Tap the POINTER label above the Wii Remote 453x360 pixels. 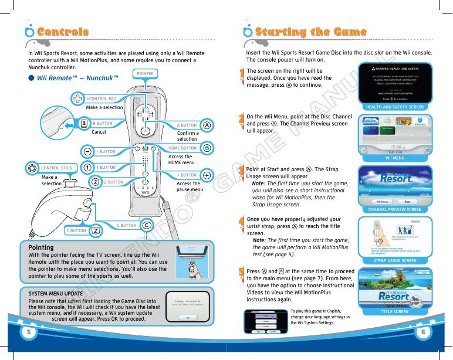144,74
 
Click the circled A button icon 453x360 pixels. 207,125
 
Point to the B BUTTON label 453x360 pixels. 103,124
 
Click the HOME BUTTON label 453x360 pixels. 182,148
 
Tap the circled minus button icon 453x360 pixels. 87,151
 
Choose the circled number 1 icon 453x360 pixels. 87,167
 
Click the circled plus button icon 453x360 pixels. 207,175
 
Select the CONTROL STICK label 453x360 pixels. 56,168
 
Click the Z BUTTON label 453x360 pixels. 76,231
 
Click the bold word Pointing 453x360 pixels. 41,248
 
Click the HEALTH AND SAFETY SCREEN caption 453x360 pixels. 394,107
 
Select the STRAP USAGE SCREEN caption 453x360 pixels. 394,260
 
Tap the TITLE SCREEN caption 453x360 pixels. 394,311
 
